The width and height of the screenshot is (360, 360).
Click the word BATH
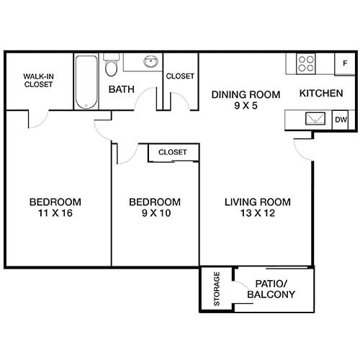click(119, 90)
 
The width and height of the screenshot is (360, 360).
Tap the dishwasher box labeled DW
click(341, 120)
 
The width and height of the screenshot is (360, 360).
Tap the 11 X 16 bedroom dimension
click(55, 213)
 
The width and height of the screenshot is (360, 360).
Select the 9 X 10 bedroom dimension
click(154, 213)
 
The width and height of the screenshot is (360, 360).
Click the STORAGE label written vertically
click(217, 289)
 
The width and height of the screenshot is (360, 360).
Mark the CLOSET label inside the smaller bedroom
click(173, 153)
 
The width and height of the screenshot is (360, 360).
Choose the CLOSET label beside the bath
click(180, 76)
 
